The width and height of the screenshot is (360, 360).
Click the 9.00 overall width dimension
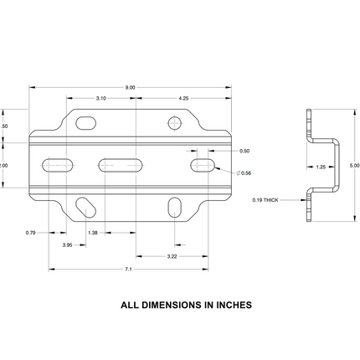(x=130, y=88)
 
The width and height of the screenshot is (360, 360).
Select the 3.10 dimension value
(x=100, y=99)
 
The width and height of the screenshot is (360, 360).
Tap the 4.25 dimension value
(x=183, y=99)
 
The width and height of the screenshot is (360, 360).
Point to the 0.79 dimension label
(x=31, y=232)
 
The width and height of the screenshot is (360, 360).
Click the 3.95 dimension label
(x=67, y=244)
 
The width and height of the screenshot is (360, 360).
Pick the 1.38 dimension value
(x=93, y=232)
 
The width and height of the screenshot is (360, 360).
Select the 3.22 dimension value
(x=172, y=255)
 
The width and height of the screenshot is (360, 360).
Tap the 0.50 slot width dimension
(x=244, y=151)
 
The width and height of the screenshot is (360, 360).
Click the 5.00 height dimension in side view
(x=354, y=166)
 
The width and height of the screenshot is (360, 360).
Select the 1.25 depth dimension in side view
(x=320, y=167)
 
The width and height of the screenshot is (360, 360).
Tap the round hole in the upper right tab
(x=174, y=124)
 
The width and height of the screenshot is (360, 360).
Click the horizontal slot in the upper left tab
(x=85, y=124)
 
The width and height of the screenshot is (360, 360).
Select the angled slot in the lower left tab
(x=85, y=205)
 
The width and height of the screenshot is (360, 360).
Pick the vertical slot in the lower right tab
(x=173, y=206)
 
